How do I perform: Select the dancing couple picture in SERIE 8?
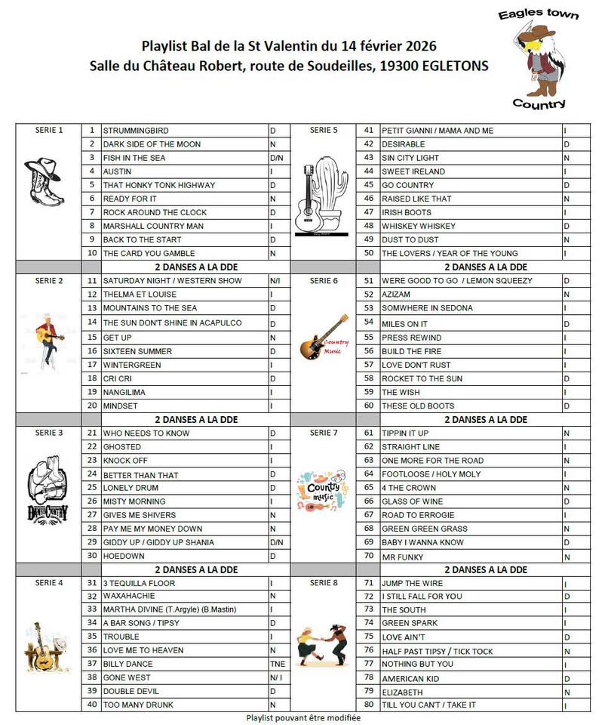pyautogui.click(x=322, y=645)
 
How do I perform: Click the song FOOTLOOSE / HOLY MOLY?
pyautogui.click(x=431, y=474)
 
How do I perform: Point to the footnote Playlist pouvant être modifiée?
pyautogui.click(x=303, y=717)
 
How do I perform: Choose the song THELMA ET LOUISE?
pyautogui.click(x=139, y=295)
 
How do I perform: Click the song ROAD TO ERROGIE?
pyautogui.click(x=419, y=515)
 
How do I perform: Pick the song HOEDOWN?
pyautogui.click(x=124, y=556)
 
